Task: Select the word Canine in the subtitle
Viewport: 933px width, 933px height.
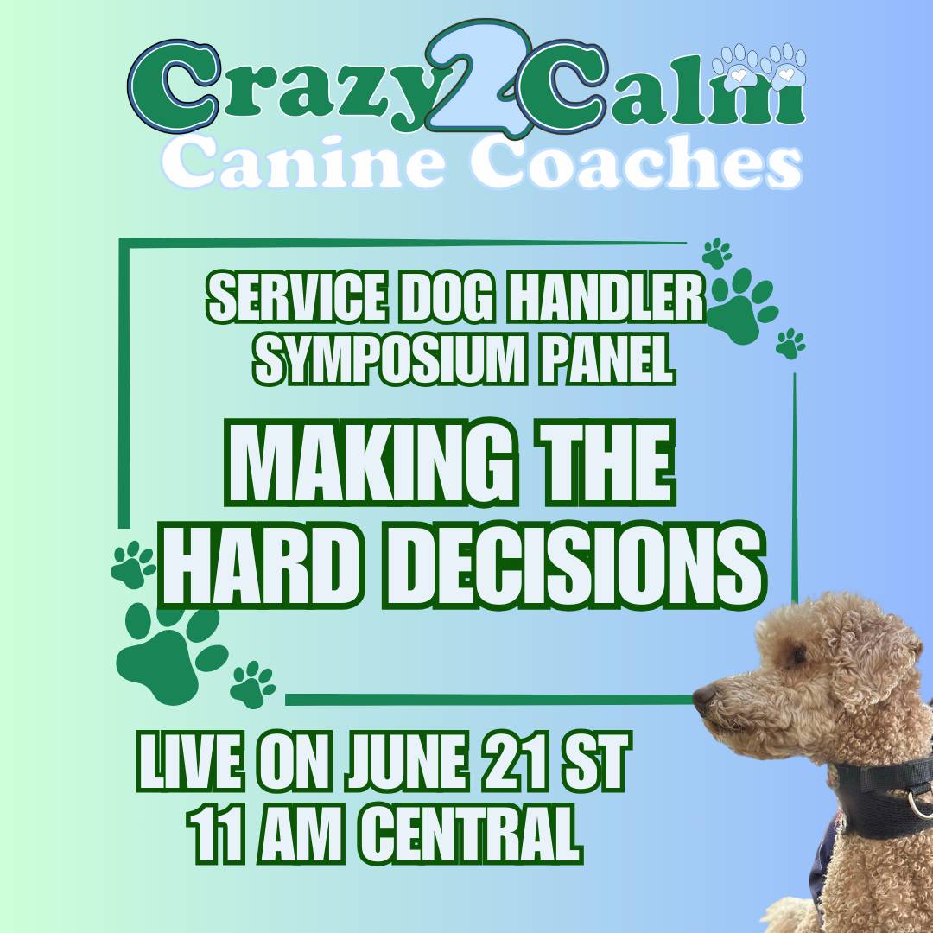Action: click(304, 161)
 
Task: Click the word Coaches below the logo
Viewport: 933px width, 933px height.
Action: click(636, 161)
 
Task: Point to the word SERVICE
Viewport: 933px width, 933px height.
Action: click(294, 297)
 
